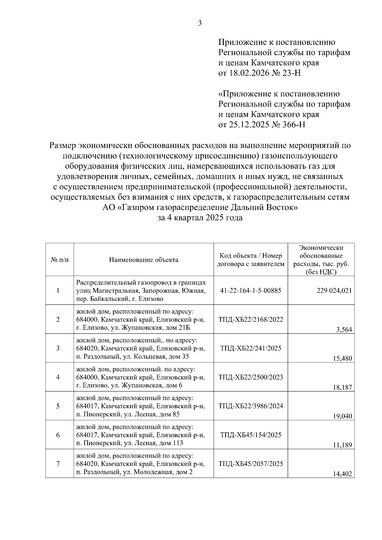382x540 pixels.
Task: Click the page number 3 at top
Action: pyautogui.click(x=200, y=23)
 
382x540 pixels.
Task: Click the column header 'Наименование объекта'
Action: pyautogui.click(x=144, y=260)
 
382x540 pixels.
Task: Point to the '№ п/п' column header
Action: pyautogui.click(x=60, y=260)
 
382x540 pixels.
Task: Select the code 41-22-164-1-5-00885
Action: pyautogui.click(x=251, y=291)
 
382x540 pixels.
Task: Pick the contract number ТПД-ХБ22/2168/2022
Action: pyautogui.click(x=251, y=319)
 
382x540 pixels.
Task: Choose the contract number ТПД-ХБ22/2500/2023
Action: pyautogui.click(x=251, y=377)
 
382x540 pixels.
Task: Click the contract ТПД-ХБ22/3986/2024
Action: pyautogui.click(x=251, y=406)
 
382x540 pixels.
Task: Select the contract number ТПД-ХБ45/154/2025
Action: pyautogui.click(x=251, y=435)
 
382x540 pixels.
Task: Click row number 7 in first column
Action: pyautogui.click(x=58, y=464)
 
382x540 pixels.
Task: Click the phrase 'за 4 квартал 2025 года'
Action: pyautogui.click(x=200, y=218)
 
